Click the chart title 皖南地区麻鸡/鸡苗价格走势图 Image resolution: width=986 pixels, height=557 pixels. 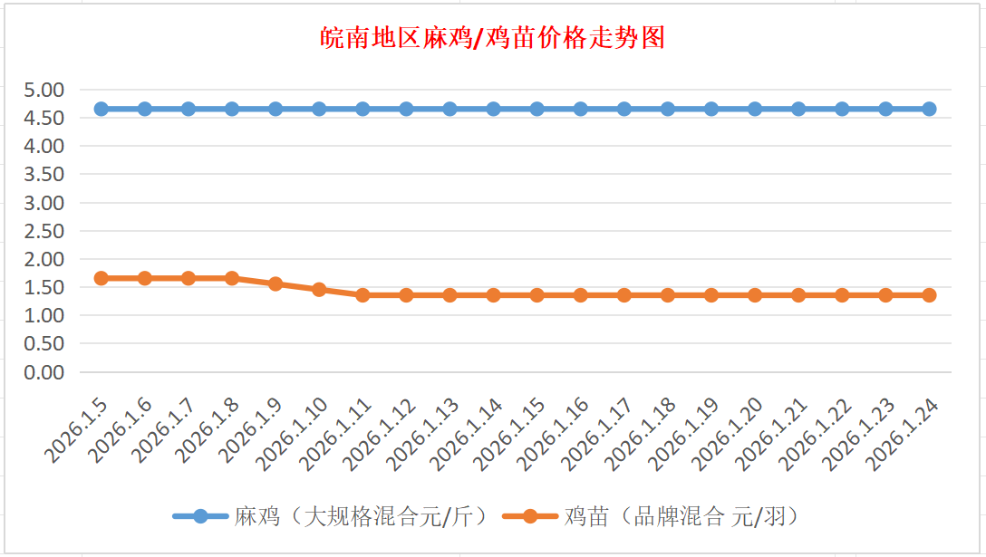click(x=494, y=38)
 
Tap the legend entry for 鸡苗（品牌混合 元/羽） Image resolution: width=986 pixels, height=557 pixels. click(x=680, y=516)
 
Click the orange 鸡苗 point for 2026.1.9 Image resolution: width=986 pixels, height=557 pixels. click(x=275, y=283)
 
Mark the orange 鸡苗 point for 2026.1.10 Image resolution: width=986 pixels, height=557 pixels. click(x=319, y=290)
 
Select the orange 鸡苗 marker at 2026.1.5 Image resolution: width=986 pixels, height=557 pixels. click(x=101, y=278)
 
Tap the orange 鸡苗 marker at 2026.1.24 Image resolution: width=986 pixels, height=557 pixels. click(x=929, y=295)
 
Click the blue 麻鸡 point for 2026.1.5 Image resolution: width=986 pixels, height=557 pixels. click(x=101, y=109)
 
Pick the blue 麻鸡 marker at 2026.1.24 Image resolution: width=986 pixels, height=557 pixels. click(x=929, y=109)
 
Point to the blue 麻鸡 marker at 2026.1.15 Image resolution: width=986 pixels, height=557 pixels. click(x=537, y=109)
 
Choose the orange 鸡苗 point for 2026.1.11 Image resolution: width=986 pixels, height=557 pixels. click(x=362, y=295)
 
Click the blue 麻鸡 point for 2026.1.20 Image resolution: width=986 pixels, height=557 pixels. click(x=755, y=109)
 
